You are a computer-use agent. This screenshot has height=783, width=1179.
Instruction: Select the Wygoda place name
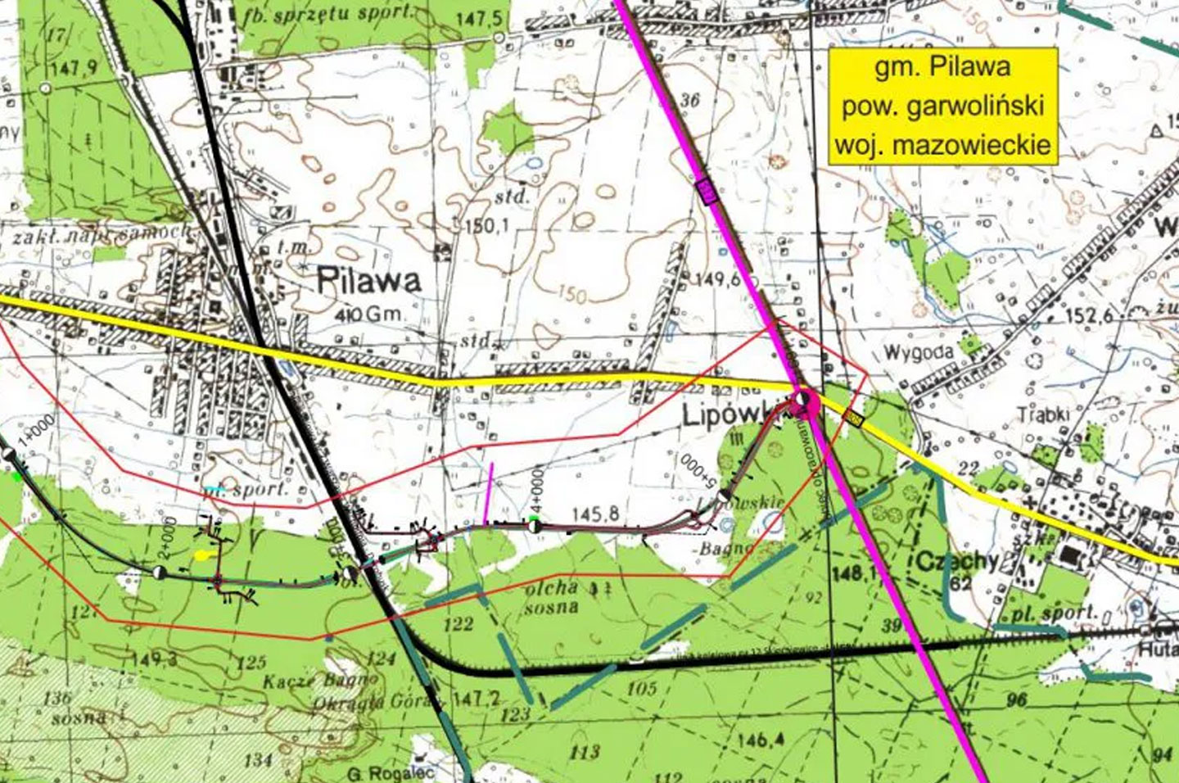tap(919, 354)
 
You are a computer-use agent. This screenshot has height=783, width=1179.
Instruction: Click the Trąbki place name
tap(1043, 414)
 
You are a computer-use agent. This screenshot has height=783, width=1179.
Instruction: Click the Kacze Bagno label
tap(322, 681)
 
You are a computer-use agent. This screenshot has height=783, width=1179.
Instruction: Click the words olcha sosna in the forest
tap(553, 597)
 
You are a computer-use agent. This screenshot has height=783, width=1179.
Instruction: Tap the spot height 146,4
tap(759, 740)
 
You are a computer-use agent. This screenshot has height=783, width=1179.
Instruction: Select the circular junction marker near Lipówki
tap(805, 401)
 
